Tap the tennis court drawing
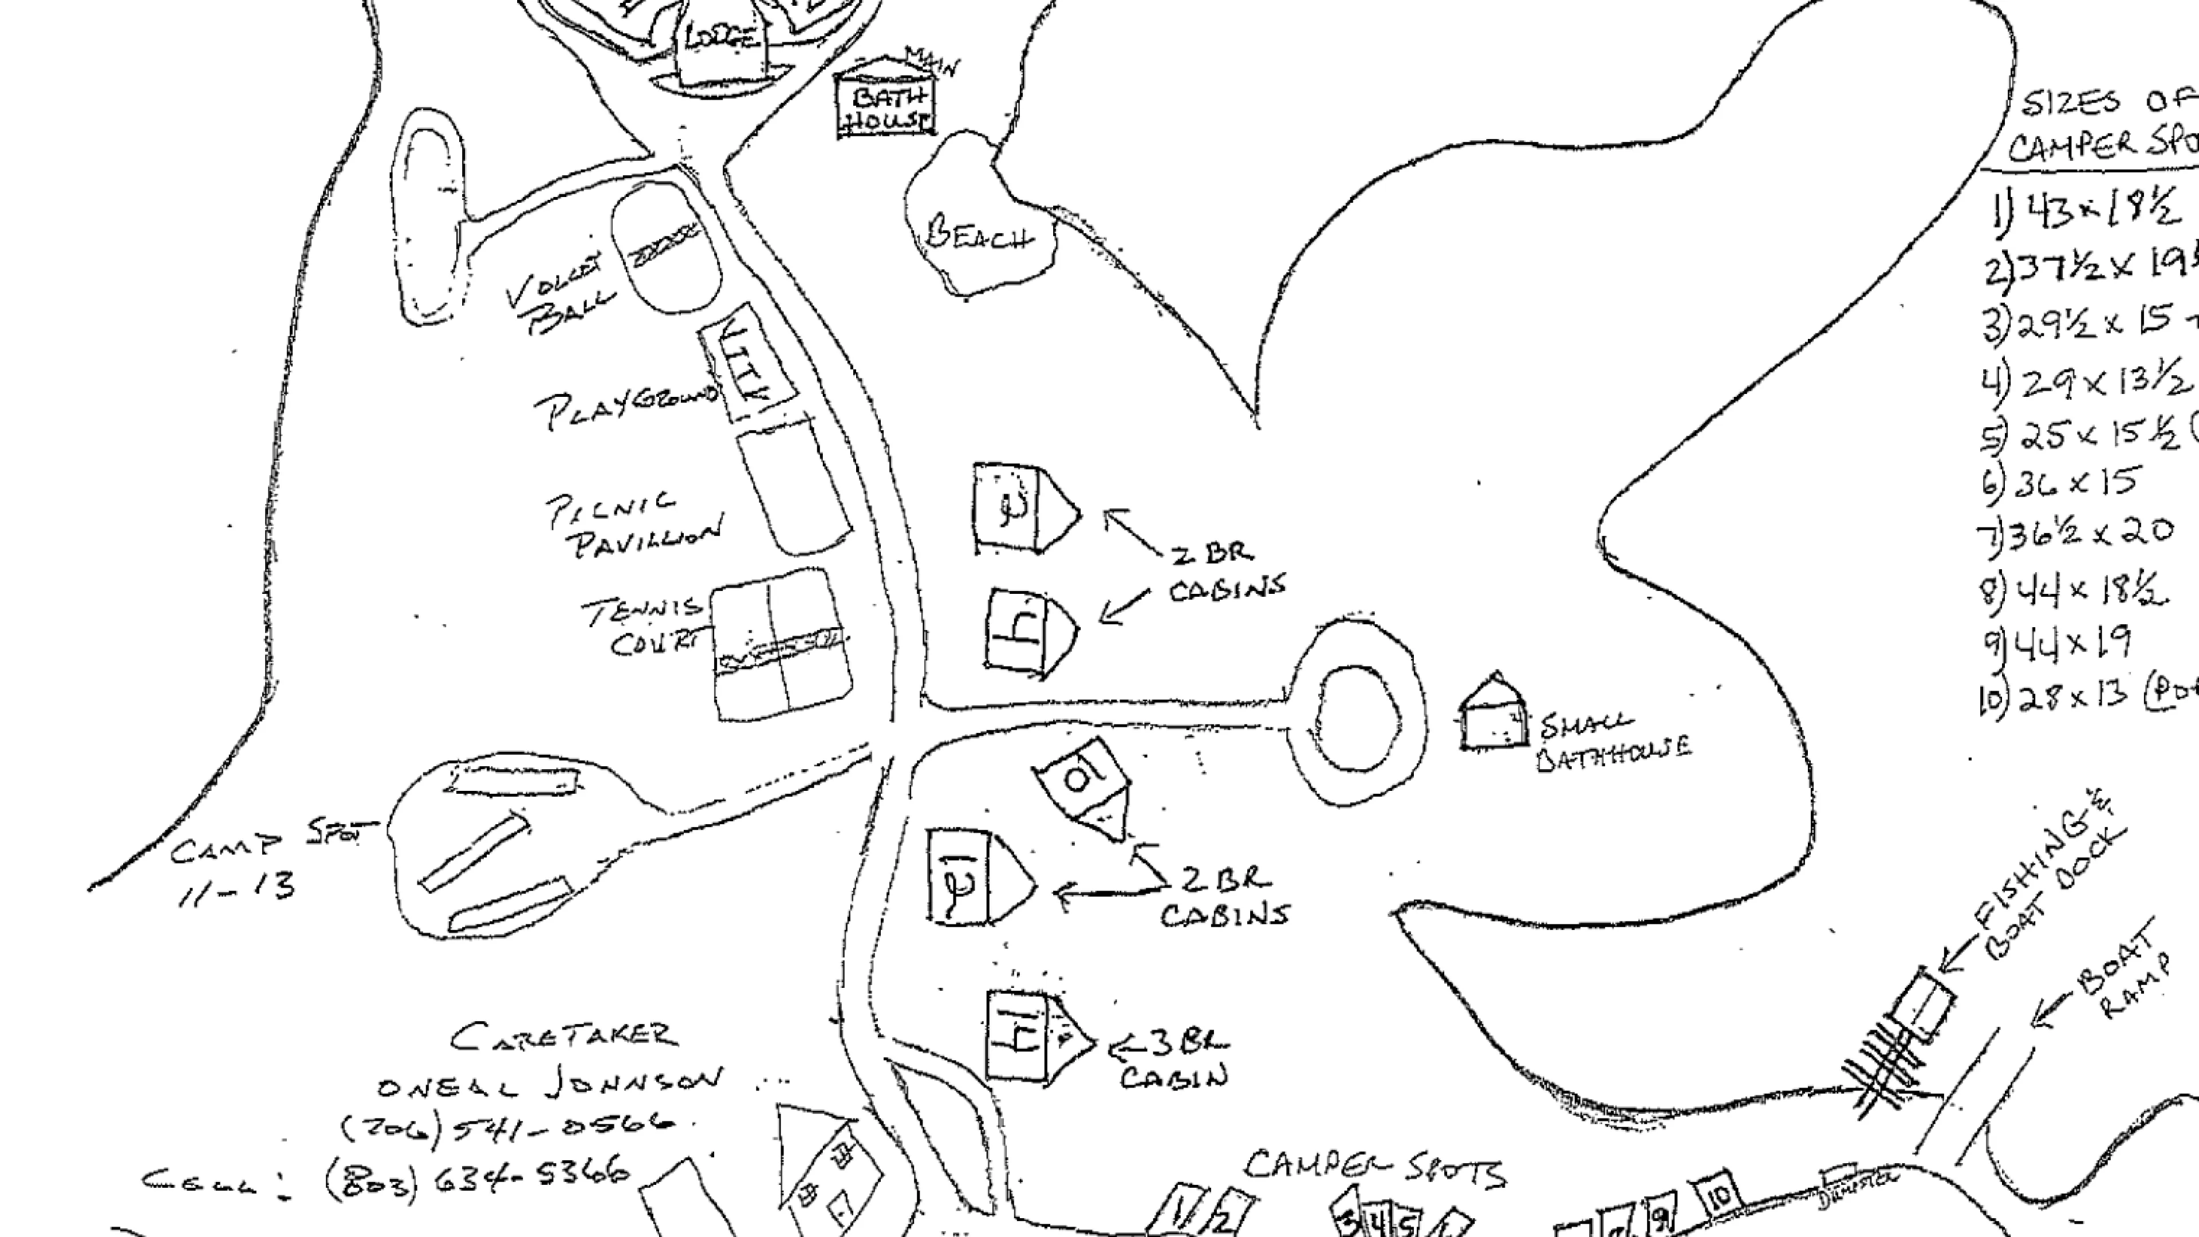(x=781, y=644)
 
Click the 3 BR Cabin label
(x=1174, y=1058)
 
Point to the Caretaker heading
(x=563, y=1037)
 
